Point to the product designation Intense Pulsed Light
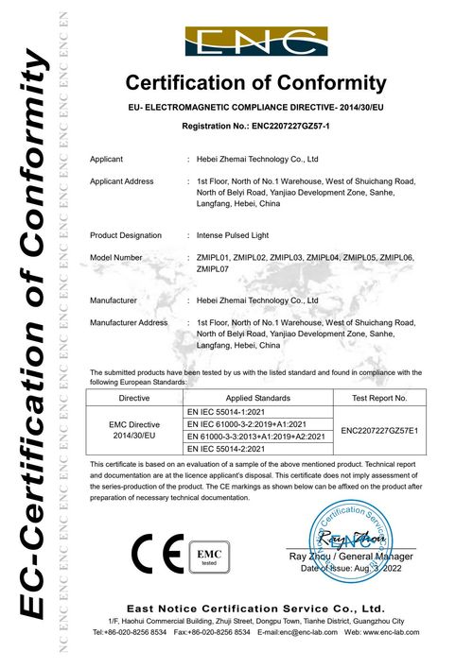241,233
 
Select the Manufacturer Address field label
128,322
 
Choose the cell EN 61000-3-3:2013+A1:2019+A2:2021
257,437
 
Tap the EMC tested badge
204,556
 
